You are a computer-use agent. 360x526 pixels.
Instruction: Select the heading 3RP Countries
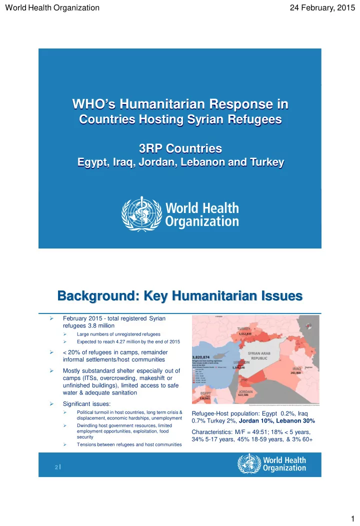[179, 148]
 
